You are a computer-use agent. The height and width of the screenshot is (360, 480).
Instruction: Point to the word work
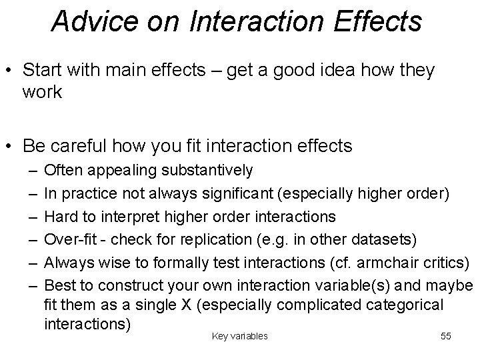click(42, 92)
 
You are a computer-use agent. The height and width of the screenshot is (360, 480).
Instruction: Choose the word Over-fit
click(68, 239)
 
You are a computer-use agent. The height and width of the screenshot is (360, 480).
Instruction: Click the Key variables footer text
click(239, 336)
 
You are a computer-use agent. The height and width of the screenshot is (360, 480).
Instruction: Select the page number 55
click(446, 336)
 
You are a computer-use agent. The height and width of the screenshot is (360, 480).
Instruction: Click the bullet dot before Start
click(11, 71)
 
